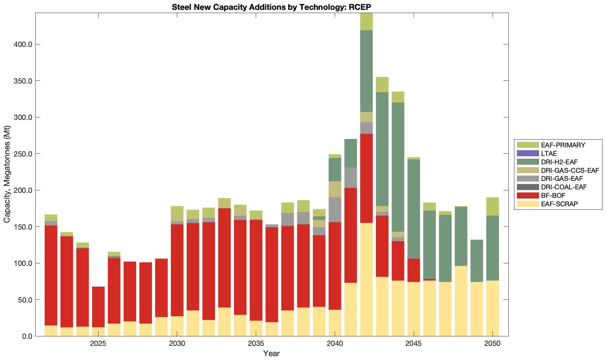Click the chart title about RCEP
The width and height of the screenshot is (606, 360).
[x=271, y=7]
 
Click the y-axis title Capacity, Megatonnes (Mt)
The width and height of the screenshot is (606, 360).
[x=7, y=174]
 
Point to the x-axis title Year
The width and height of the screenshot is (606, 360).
[x=271, y=353]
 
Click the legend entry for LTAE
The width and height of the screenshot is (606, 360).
[x=549, y=154]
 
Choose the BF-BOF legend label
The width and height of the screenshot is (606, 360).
[x=553, y=195]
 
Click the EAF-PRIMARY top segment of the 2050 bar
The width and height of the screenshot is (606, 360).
[x=493, y=206]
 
